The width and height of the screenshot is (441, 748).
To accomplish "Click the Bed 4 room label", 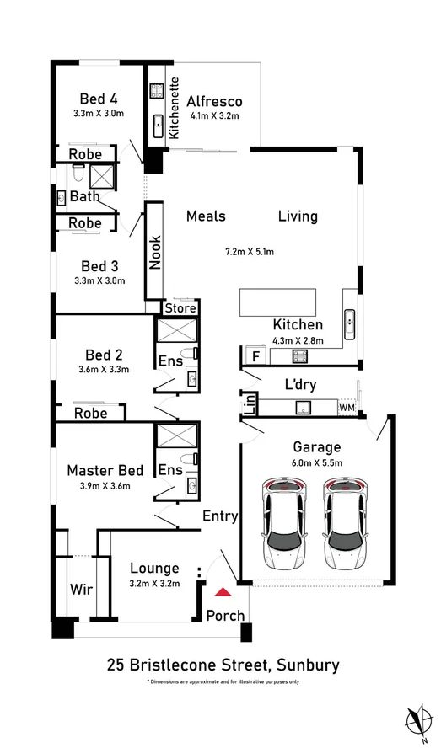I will (x=99, y=97).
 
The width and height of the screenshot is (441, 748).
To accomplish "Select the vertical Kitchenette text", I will (x=175, y=107).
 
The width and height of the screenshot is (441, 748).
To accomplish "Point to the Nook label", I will (x=155, y=251).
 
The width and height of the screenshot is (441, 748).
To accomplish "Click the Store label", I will (x=180, y=308).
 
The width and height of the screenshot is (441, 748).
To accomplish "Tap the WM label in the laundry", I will (x=347, y=408).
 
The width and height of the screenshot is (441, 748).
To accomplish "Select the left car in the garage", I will (x=286, y=522).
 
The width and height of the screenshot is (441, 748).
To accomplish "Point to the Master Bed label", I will (x=105, y=470).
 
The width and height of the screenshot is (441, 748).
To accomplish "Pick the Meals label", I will (x=206, y=216).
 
